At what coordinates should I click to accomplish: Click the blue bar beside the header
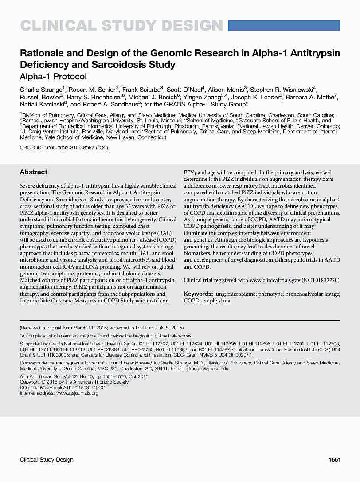(284, 25)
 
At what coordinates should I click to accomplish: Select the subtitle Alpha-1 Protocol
(53, 76)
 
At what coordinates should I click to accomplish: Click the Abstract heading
(34, 172)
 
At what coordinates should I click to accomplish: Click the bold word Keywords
(198, 294)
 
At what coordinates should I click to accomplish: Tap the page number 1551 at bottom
(334, 460)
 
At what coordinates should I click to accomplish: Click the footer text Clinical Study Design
(47, 460)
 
